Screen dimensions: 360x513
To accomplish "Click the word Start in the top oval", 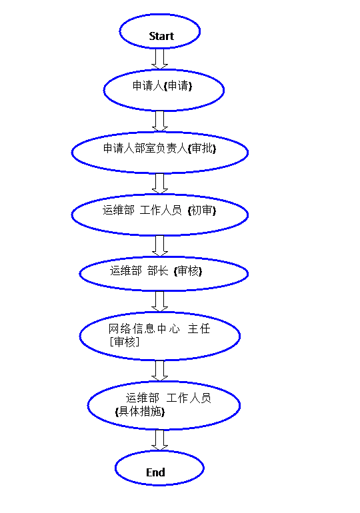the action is pyautogui.click(x=161, y=36).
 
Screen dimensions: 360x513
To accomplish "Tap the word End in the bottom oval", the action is pyautogui.click(x=155, y=472).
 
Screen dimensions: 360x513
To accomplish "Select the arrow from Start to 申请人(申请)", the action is pyautogui.click(x=160, y=59).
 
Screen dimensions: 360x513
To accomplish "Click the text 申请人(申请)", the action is pyautogui.click(x=162, y=86).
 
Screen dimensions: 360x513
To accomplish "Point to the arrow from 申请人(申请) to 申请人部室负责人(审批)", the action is pyautogui.click(x=160, y=121).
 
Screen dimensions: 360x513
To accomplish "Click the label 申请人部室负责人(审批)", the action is pyautogui.click(x=160, y=148).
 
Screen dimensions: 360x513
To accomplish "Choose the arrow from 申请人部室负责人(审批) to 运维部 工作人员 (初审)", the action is pyautogui.click(x=160, y=183).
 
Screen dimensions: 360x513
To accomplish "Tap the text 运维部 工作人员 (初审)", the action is pyautogui.click(x=159, y=210).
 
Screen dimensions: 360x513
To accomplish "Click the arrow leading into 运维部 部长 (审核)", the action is pyautogui.click(x=160, y=246).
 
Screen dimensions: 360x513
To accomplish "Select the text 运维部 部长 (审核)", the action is pyautogui.click(x=156, y=271).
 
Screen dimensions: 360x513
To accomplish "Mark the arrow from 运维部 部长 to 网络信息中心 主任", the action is pyautogui.click(x=160, y=301).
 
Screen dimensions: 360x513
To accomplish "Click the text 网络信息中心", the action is pyautogui.click(x=144, y=328).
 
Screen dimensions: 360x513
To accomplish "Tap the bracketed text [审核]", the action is pyautogui.click(x=125, y=342).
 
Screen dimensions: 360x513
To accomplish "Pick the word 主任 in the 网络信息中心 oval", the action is pyautogui.click(x=199, y=328).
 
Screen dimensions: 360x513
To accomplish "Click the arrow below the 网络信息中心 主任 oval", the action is pyautogui.click(x=160, y=370).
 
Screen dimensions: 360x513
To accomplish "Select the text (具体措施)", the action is pyautogui.click(x=140, y=411).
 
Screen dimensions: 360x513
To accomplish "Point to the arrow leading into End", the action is pyautogui.click(x=160, y=440).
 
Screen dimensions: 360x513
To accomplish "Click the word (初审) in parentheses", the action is pyautogui.click(x=202, y=211).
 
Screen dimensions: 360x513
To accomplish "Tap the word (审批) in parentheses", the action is pyautogui.click(x=202, y=149).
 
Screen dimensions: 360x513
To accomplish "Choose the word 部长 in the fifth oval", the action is pyautogui.click(x=158, y=271).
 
